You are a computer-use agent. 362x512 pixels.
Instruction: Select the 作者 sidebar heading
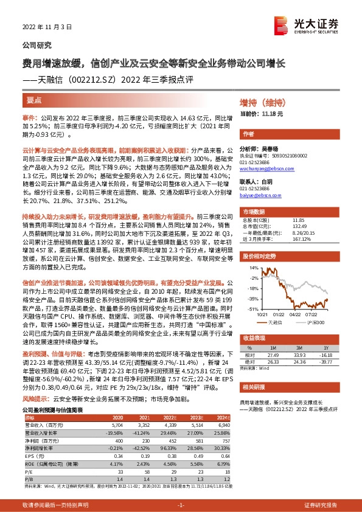248,134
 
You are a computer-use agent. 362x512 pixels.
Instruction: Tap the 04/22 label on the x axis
295,314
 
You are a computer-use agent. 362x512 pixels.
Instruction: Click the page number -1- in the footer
180,505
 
